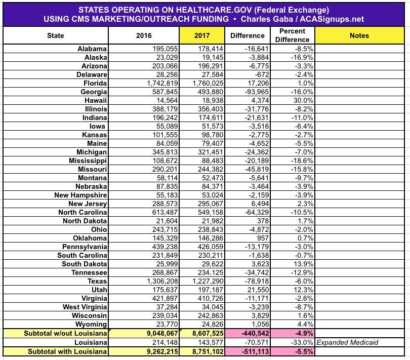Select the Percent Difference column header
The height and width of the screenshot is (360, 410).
click(x=292, y=35)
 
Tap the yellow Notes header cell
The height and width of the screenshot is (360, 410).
click(x=359, y=35)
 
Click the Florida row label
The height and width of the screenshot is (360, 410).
click(x=93, y=83)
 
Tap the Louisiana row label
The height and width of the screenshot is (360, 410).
click(x=90, y=342)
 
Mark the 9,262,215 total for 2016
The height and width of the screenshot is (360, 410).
click(x=156, y=351)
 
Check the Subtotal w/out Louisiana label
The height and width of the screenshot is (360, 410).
click(x=65, y=333)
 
